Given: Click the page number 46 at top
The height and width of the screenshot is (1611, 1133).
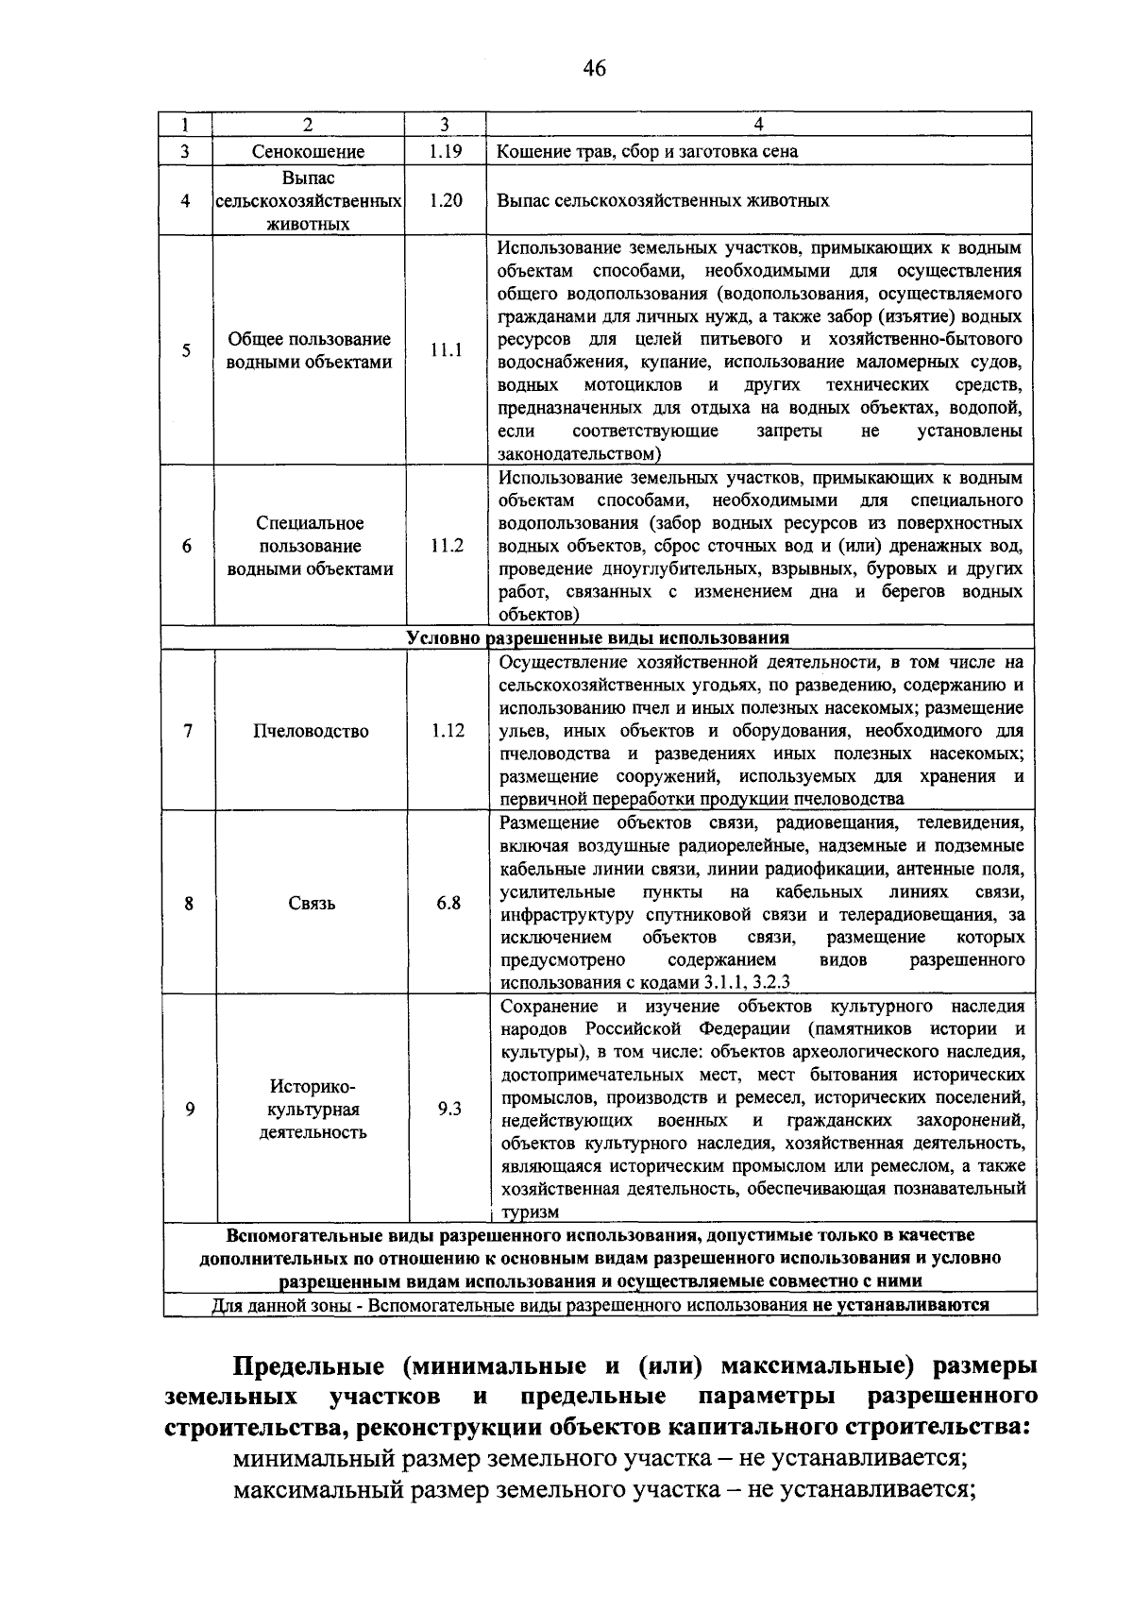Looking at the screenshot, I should coord(594,68).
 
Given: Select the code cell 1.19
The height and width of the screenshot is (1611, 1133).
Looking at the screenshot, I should coord(445,150).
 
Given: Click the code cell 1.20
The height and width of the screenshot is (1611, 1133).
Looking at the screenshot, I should coord(445,200).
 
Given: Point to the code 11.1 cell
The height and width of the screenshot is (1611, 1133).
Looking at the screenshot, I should coord(446,350).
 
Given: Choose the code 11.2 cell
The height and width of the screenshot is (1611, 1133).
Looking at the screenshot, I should coord(447,546).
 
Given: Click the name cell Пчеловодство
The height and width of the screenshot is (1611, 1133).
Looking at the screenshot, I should coord(311,731).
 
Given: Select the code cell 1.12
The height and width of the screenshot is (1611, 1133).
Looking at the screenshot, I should coord(448,730).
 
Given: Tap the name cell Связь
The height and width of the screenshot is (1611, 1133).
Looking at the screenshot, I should coord(312,904).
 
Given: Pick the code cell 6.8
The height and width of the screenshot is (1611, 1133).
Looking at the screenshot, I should coord(448,903).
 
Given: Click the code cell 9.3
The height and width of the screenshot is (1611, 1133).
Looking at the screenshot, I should coord(449,1109).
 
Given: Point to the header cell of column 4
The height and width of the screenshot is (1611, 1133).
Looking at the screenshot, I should coord(758,124).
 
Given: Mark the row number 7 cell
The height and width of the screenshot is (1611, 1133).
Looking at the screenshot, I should coord(189,731).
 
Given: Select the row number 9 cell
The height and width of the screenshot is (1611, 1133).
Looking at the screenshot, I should coord(190,1109).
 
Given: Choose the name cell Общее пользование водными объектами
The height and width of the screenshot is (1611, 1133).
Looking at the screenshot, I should coord(310,350).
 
